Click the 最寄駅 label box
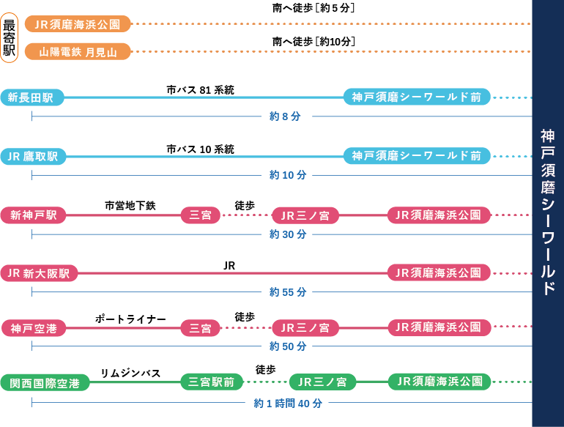click(x=10, y=37)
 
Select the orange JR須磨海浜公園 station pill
click(x=78, y=24)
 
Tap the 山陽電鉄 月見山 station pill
click(x=78, y=51)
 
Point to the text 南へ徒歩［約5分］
click(x=313, y=8)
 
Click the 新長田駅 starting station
click(x=32, y=97)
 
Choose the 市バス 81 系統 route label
click(x=200, y=90)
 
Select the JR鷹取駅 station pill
click(x=33, y=156)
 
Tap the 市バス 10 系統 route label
click(x=200, y=149)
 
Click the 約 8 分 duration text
click(x=284, y=116)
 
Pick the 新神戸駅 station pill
click(x=33, y=215)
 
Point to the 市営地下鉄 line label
click(x=130, y=206)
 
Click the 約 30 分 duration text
click(x=287, y=234)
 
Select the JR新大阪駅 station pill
click(x=39, y=273)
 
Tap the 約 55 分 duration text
click(x=287, y=292)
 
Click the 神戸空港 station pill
click(x=33, y=329)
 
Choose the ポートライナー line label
click(x=130, y=319)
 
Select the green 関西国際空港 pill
click(x=45, y=382)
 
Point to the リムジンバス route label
click(x=130, y=374)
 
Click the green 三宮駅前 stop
click(x=211, y=382)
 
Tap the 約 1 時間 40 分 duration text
click(x=287, y=403)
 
